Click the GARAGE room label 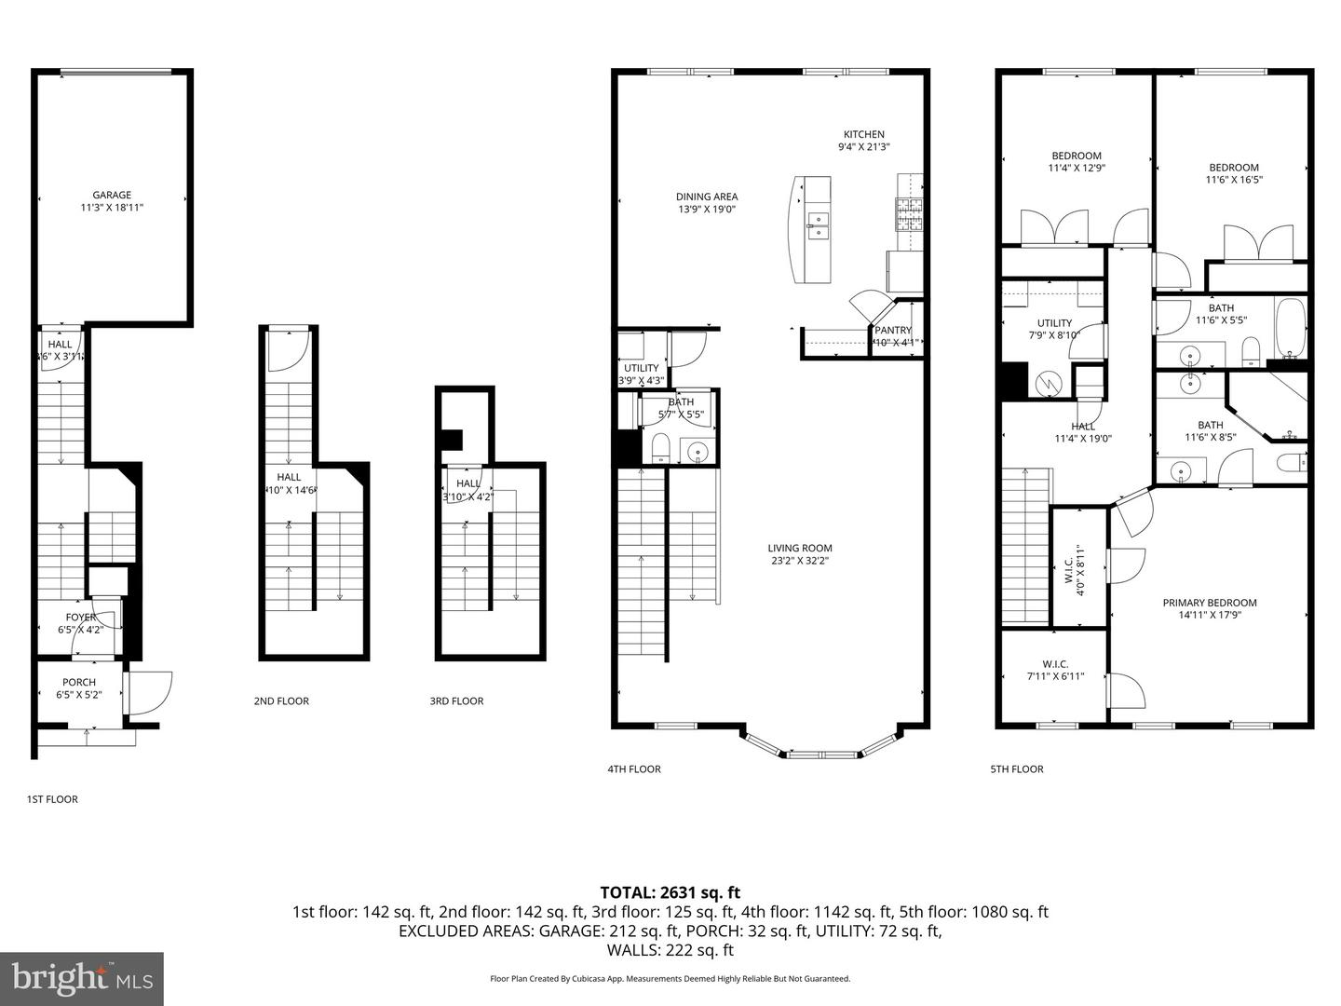point(112,195)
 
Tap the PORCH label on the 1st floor point(79,682)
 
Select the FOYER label point(80,618)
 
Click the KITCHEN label point(863,134)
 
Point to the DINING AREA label point(706,197)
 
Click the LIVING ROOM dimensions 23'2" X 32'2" point(800,561)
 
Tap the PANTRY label point(892,330)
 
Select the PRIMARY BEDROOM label point(1209,603)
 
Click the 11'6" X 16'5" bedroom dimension point(1234,181)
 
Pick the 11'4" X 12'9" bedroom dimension point(1076,169)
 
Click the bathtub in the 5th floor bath point(1291,329)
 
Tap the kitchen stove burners point(908,214)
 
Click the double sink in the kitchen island point(818,226)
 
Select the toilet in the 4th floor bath point(659,448)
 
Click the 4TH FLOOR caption point(633,769)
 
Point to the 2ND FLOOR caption point(281,701)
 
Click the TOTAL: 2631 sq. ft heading point(670,892)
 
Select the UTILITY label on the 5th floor point(1054,323)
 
